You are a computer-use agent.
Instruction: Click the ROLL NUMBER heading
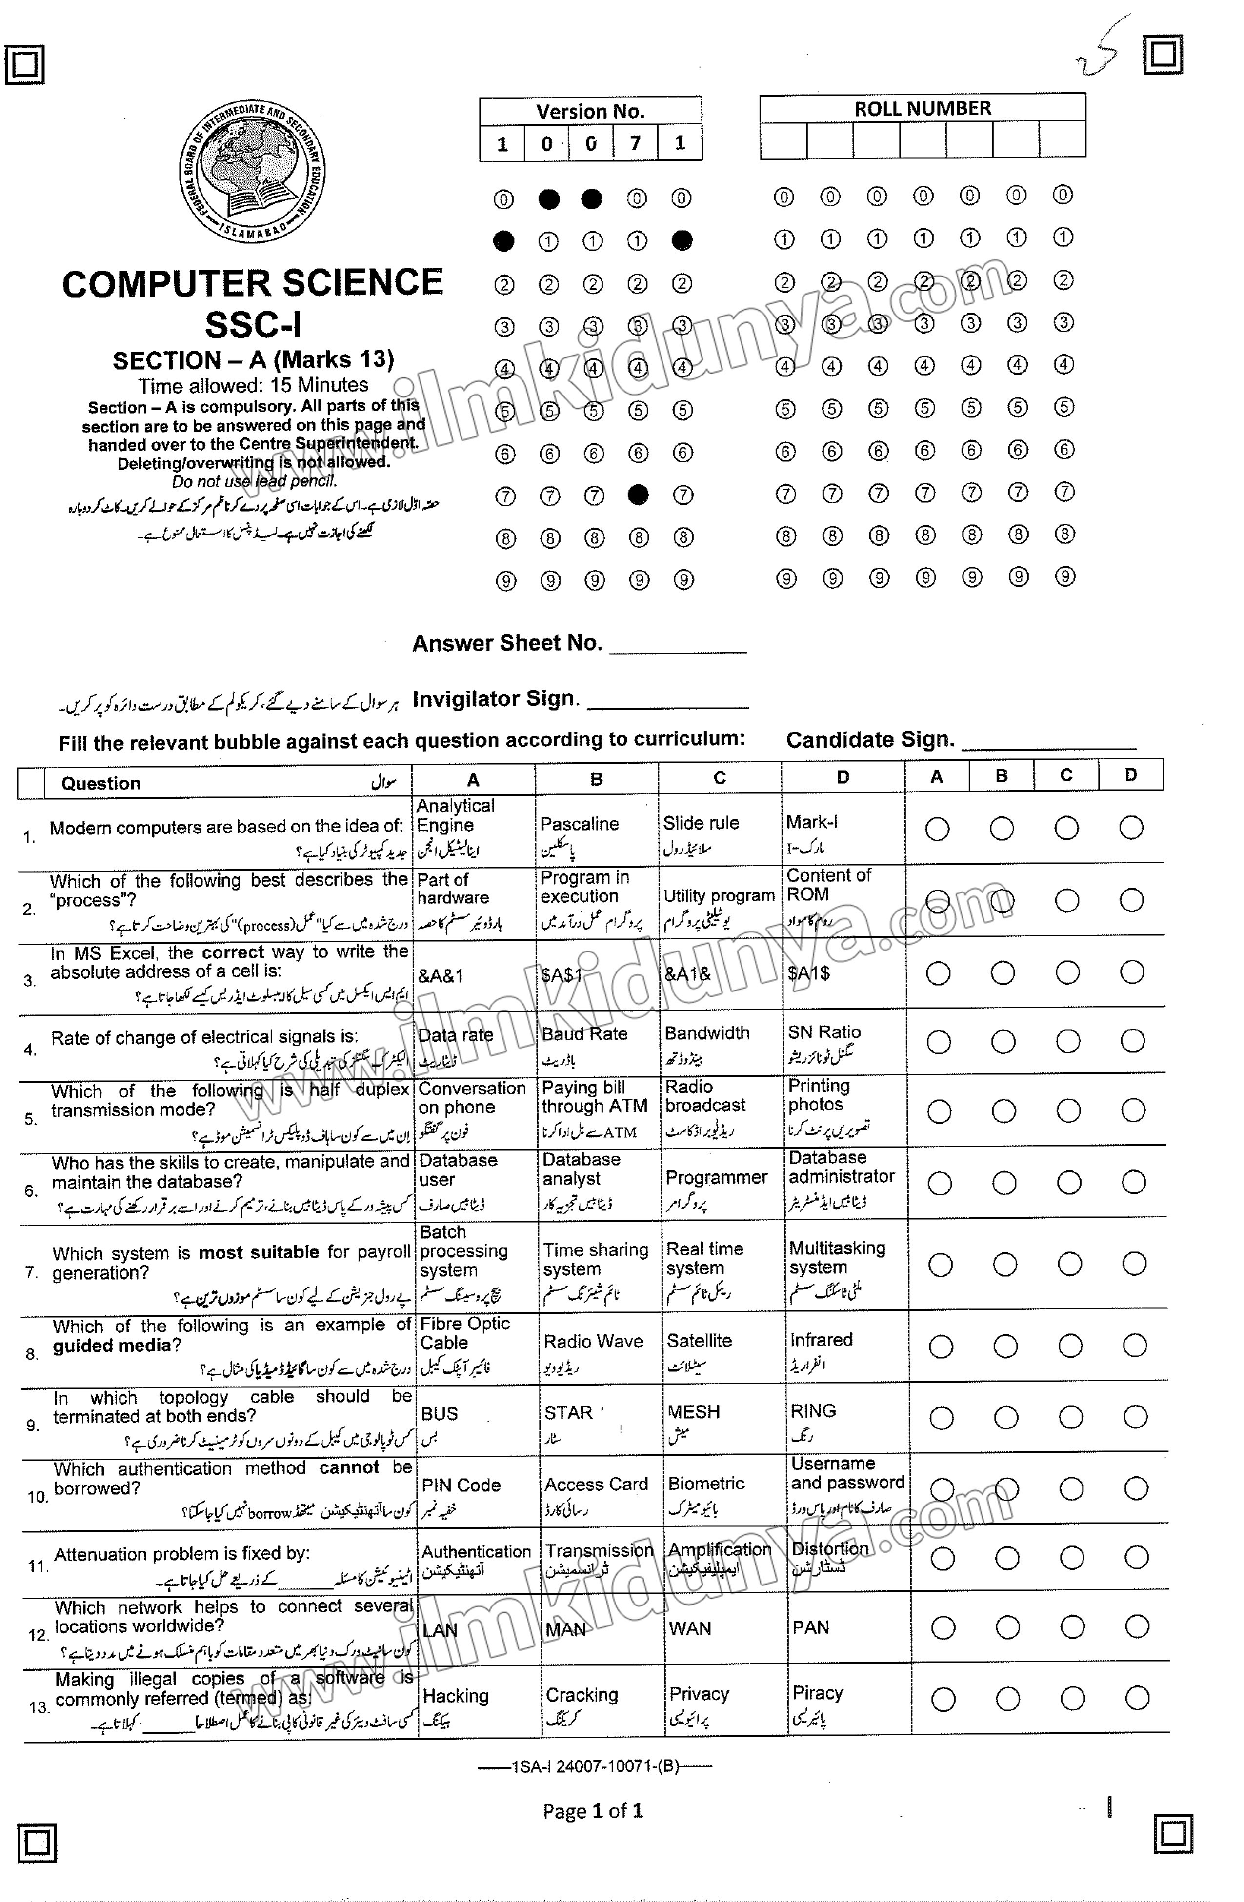[922, 109]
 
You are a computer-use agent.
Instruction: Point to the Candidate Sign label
[870, 740]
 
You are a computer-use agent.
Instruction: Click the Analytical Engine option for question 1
[456, 816]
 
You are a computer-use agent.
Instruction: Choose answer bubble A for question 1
[937, 829]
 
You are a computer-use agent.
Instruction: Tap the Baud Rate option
[583, 1034]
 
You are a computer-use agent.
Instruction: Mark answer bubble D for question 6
[1133, 1183]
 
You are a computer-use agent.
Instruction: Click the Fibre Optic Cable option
[464, 1333]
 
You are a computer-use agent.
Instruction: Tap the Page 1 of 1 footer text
[592, 1811]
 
